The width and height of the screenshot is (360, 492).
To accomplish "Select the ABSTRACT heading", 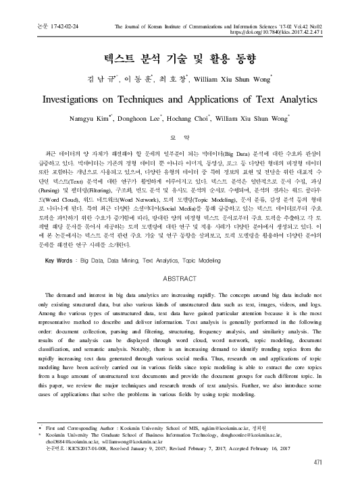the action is click(x=180, y=296).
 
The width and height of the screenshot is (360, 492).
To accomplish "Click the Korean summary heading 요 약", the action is click(x=180, y=136).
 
